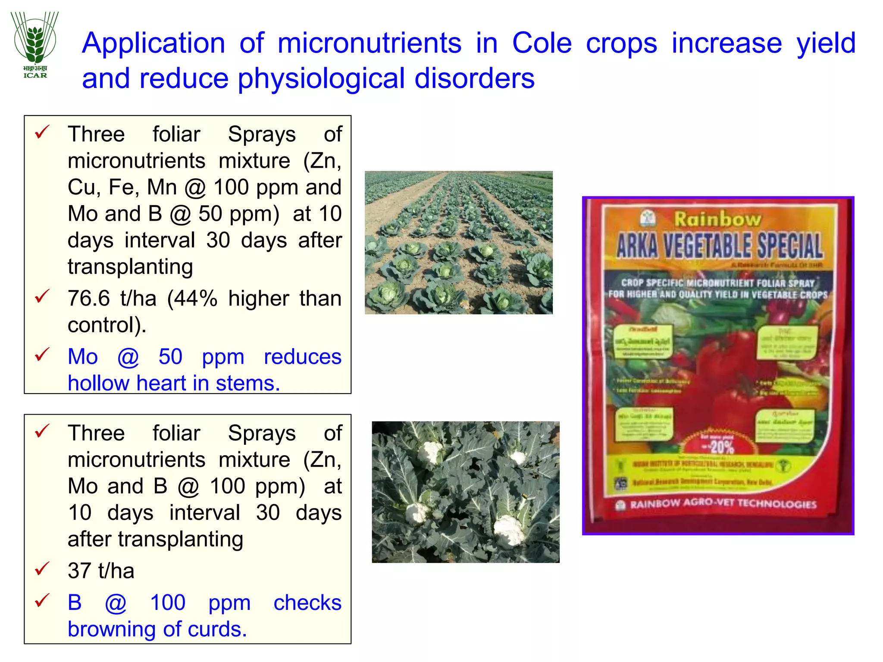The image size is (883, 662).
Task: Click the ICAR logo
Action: point(35,45)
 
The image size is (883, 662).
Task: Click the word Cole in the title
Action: point(542,43)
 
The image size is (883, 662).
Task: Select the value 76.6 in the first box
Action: point(89,298)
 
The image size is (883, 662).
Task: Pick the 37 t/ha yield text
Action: point(101,571)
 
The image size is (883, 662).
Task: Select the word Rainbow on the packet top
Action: point(717,219)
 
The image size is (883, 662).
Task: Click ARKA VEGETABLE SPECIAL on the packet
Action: point(719,246)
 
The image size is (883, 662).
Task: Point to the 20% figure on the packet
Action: point(721,447)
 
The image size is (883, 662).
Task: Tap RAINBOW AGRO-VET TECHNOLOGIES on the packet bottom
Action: point(723,504)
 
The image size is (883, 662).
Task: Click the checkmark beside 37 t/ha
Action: point(42,569)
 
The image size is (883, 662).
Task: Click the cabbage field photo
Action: point(458,242)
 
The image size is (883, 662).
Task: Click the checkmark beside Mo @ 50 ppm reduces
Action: point(42,355)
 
